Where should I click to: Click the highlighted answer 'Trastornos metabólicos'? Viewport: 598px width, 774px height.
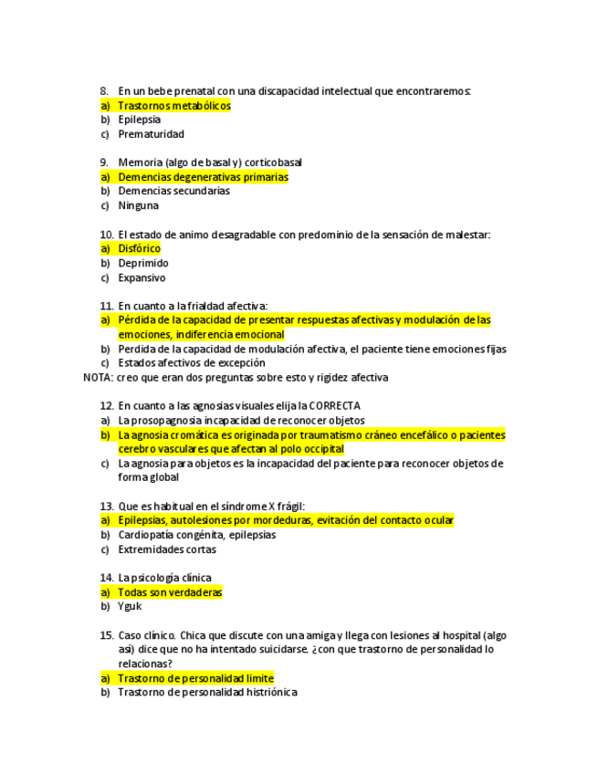174,106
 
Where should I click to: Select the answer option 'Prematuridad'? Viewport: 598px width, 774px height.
151,134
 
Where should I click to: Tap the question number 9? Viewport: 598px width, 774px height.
105,162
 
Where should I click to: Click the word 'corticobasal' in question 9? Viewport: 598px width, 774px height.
273,162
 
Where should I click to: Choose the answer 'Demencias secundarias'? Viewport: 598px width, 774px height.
173,192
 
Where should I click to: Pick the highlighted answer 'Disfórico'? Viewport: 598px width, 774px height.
139,248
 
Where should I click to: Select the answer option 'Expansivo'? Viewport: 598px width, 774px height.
142,277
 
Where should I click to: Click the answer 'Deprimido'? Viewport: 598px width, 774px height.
143,263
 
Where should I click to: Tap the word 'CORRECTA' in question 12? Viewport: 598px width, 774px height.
335,406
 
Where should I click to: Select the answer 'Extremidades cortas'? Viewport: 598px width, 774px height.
167,549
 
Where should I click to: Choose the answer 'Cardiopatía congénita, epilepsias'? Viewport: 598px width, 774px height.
196,535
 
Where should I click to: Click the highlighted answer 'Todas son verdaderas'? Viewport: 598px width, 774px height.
170,592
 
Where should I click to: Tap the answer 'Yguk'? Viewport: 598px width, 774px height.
130,607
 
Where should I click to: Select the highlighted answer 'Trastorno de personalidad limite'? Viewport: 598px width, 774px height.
195,678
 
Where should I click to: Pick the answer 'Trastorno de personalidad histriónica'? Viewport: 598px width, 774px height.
207,693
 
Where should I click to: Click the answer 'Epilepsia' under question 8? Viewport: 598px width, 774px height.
139,120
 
